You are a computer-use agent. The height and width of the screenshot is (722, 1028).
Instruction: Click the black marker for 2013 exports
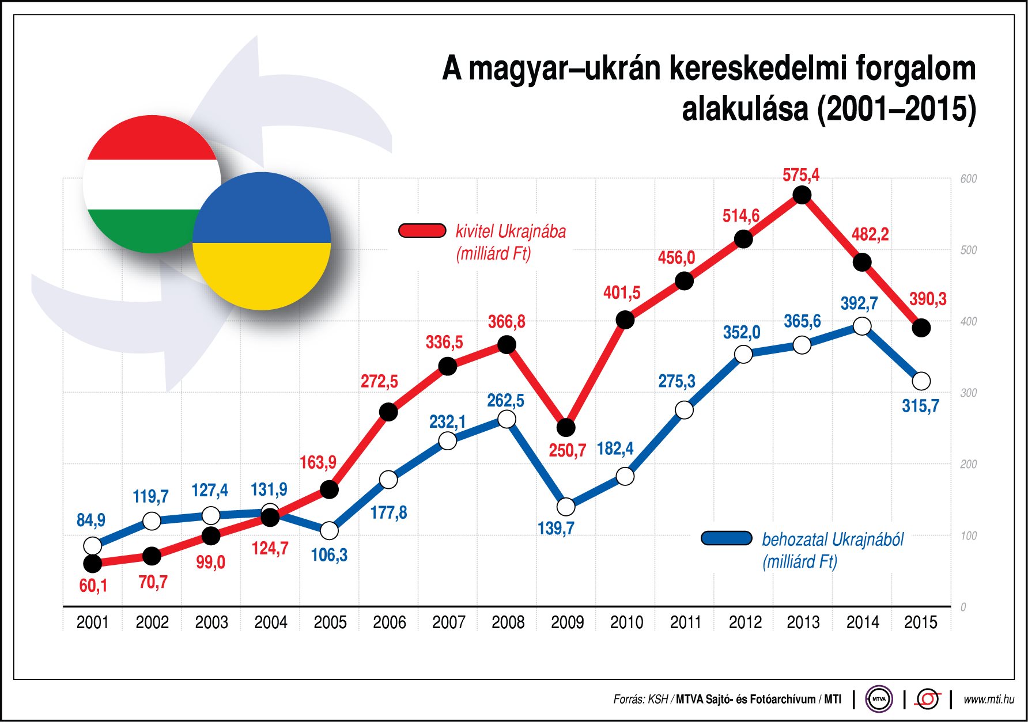click(x=802, y=195)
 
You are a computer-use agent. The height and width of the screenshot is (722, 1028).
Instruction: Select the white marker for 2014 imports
click(x=861, y=326)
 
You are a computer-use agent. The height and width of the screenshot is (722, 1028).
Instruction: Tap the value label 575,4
click(x=800, y=174)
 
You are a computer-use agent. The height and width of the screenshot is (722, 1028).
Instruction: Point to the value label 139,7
click(x=555, y=528)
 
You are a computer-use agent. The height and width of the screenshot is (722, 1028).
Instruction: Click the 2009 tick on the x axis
click(x=567, y=622)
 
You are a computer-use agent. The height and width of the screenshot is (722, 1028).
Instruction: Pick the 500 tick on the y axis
click(x=968, y=250)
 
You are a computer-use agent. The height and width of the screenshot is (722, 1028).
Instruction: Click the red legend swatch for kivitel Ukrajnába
click(x=422, y=231)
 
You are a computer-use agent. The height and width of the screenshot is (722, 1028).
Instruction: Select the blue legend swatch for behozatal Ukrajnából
click(x=726, y=538)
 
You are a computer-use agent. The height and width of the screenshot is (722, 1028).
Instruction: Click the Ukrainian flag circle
click(x=262, y=241)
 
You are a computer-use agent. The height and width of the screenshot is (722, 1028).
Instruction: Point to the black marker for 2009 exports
click(x=566, y=427)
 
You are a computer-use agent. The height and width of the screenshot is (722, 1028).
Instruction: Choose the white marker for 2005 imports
click(x=329, y=530)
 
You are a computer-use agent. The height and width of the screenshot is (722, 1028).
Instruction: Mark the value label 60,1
click(x=93, y=586)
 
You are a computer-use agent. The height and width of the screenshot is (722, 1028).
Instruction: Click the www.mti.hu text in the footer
click(x=988, y=700)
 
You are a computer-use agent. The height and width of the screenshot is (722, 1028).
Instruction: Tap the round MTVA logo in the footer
click(x=879, y=700)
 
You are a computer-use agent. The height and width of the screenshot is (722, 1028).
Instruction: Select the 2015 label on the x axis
click(x=920, y=622)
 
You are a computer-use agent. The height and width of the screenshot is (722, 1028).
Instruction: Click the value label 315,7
click(x=920, y=406)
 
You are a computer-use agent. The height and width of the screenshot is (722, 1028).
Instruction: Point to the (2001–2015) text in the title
click(x=896, y=109)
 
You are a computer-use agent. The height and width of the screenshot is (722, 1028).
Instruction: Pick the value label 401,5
click(x=621, y=292)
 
